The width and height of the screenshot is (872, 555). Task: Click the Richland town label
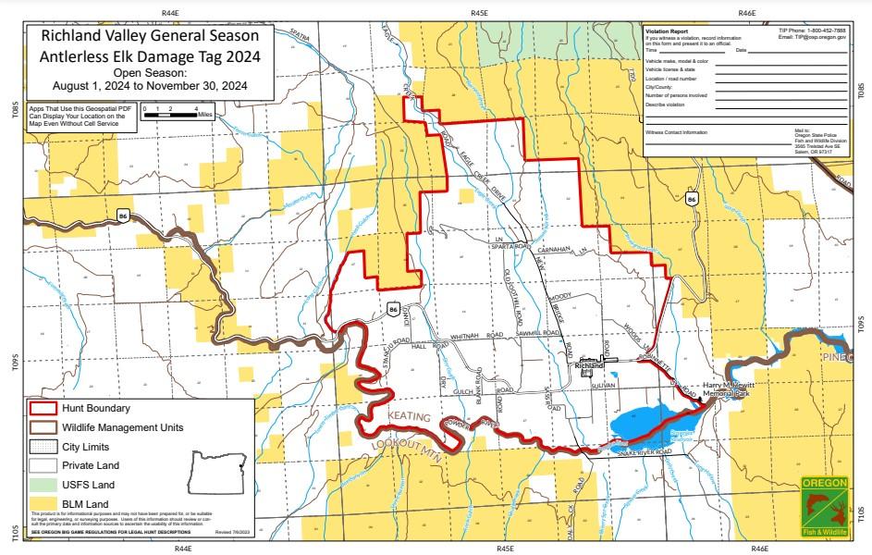(x=589, y=365)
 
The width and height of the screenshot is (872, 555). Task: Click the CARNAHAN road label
(x=561, y=249)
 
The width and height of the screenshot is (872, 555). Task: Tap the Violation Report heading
(x=666, y=31)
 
